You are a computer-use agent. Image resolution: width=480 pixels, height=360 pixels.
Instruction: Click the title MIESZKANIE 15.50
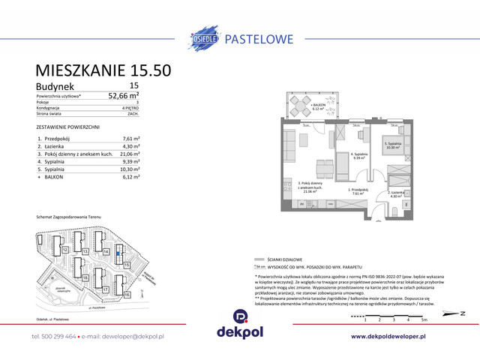point(103,70)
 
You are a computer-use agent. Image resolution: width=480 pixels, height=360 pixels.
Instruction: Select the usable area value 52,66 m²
point(124,96)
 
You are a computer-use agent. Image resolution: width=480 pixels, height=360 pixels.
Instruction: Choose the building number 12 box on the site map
point(66,249)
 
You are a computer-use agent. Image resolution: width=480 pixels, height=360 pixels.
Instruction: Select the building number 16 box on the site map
point(127,295)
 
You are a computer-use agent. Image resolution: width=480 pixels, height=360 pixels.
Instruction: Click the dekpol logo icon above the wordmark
point(240,317)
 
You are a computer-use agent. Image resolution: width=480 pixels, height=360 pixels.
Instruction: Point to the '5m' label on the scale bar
point(424,319)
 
